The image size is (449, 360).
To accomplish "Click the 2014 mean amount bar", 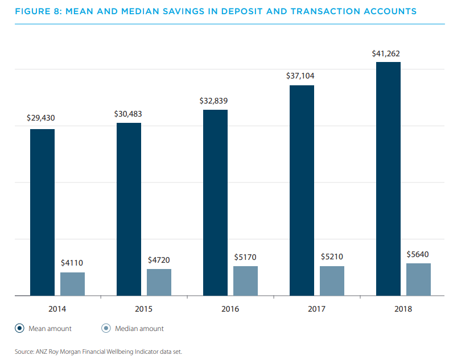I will point(42,212).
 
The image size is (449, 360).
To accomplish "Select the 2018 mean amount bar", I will point(388,179).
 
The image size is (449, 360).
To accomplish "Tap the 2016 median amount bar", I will point(245,281).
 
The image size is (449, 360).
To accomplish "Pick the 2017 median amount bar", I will point(332,281).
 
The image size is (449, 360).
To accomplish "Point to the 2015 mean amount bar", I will point(129,209).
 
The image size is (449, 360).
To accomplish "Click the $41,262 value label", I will point(386,54).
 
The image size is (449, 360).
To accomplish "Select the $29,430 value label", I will point(40,118).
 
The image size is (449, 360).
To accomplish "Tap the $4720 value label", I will point(158,260).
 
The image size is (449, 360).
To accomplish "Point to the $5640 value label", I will point(418,254).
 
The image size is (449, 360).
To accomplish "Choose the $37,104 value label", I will point(300,75).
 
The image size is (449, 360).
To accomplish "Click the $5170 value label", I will point(245,257).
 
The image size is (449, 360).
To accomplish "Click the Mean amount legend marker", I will point(20,328).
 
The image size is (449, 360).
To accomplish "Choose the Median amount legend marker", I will point(106,328).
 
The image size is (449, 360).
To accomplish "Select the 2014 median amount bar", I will point(72,284).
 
